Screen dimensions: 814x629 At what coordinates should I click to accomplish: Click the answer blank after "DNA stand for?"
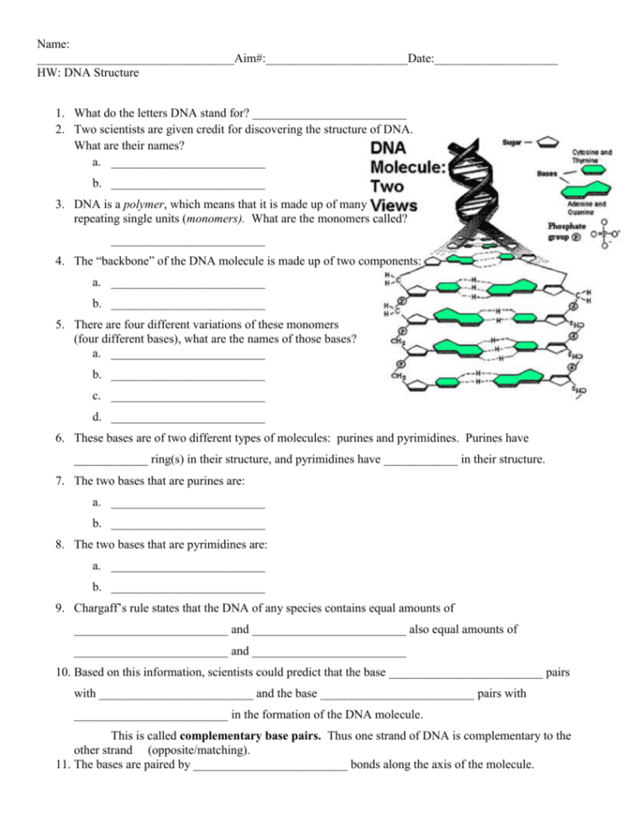[329, 112]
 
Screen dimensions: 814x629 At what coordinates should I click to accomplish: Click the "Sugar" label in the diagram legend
[511, 143]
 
